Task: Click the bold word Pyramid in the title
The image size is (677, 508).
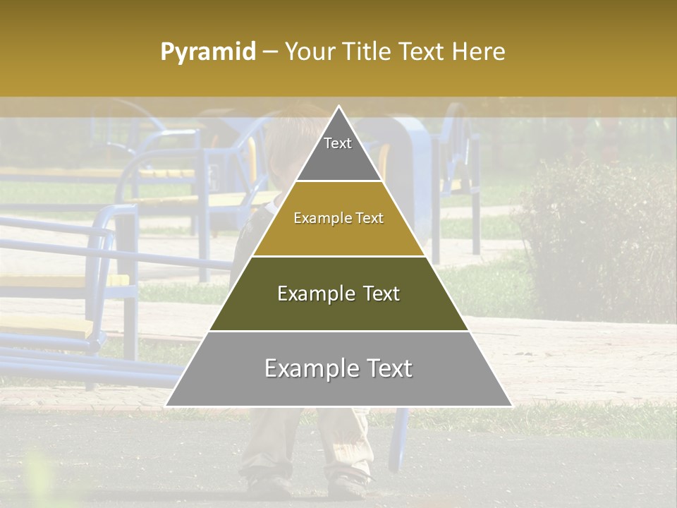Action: point(207,52)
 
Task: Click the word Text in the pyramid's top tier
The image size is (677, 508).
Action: point(338,143)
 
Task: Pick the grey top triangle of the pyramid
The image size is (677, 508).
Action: point(338,159)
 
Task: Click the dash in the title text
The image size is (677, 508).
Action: point(269,52)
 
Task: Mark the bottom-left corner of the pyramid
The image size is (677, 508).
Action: point(166,406)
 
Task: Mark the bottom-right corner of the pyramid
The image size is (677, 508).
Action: point(511,406)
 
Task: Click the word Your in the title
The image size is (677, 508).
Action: point(308,52)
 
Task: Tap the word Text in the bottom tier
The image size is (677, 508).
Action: point(387,368)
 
